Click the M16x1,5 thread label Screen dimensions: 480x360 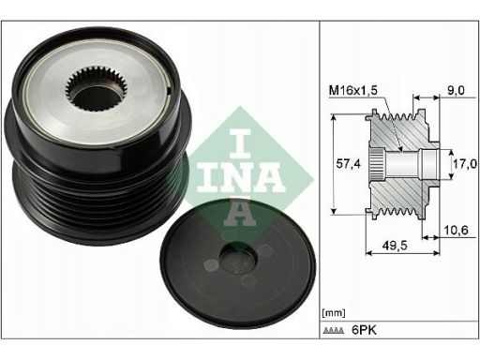353,90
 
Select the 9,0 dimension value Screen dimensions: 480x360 456,90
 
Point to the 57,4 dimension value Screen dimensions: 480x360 348,163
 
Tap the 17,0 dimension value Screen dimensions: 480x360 465,163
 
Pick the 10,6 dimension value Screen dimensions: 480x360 457,231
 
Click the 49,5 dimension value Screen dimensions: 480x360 395,246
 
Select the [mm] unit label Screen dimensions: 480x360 334,312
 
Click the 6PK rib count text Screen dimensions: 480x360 364,330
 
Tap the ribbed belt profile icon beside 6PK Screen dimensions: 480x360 334,330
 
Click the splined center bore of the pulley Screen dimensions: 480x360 97,88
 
